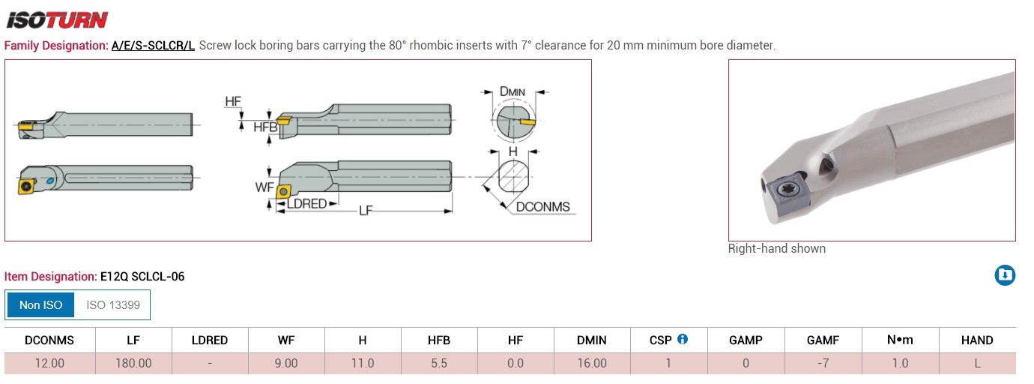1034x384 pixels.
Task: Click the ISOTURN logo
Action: [x=57, y=20]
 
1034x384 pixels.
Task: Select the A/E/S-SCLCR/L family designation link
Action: [x=153, y=46]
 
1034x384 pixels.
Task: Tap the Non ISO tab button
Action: [x=40, y=305]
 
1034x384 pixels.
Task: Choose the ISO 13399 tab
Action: [x=112, y=305]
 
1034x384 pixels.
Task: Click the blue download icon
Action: [x=1005, y=275]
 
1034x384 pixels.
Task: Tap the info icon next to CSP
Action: [x=683, y=339]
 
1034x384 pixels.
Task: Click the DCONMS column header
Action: [x=49, y=340]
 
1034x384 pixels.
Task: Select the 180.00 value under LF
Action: [x=133, y=364]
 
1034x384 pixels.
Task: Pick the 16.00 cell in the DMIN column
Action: [x=592, y=364]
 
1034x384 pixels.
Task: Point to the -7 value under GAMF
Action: [x=823, y=364]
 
